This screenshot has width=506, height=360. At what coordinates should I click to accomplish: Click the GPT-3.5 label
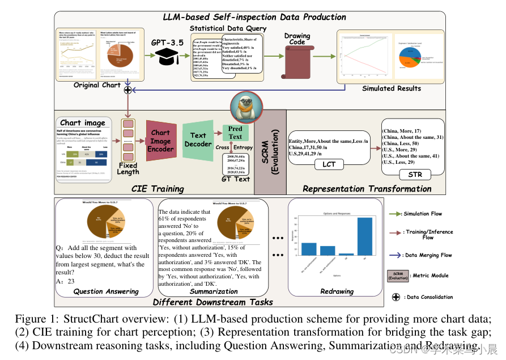tap(168, 42)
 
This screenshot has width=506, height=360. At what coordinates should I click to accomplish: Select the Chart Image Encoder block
tap(160, 141)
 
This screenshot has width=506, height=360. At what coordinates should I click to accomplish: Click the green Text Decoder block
tap(198, 140)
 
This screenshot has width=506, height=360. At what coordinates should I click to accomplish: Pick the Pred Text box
tap(235, 133)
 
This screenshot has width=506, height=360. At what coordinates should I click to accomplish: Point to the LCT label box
tap(329, 164)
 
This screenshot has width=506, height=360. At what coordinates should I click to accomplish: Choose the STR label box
tap(415, 175)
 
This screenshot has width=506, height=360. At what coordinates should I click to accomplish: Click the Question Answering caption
tap(106, 291)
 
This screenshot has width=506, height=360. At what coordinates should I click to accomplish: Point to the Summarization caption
tap(206, 291)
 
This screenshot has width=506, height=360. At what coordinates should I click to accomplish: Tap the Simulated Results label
tap(392, 88)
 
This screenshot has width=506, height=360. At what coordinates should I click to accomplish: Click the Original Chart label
tap(97, 85)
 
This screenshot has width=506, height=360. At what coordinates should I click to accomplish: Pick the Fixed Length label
tap(127, 168)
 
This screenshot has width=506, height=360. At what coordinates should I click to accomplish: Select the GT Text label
tap(235, 179)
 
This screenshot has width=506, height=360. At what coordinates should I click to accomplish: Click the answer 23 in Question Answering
tap(71, 281)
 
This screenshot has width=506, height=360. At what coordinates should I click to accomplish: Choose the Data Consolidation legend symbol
tap(396, 297)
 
